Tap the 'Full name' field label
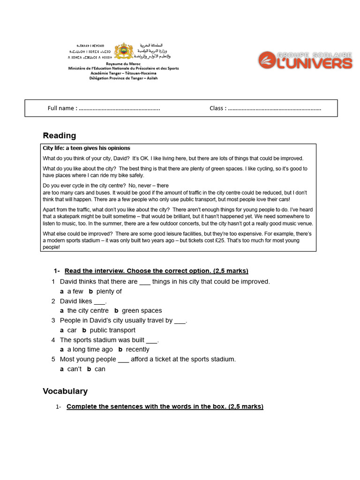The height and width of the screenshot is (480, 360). pyautogui.click(x=62, y=108)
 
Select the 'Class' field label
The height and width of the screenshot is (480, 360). pyautogui.click(x=217, y=108)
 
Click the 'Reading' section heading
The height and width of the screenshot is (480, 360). pyautogui.click(x=59, y=135)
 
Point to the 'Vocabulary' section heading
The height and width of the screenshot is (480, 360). pyautogui.click(x=65, y=391)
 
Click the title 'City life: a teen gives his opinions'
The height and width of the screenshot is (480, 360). pyautogui.click(x=87, y=148)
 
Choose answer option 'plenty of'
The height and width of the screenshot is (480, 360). pyautogui.click(x=109, y=291)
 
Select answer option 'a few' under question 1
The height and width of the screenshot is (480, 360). pyautogui.click(x=75, y=291)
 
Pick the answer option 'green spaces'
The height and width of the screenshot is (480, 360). pyautogui.click(x=142, y=310)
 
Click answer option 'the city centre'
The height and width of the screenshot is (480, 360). pyautogui.click(x=88, y=310)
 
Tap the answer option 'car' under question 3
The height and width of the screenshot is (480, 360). pyautogui.click(x=72, y=330)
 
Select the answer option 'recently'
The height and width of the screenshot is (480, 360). pyautogui.click(x=137, y=349)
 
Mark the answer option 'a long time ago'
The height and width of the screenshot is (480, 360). pyautogui.click(x=90, y=349)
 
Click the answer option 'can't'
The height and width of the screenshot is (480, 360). pyautogui.click(x=74, y=369)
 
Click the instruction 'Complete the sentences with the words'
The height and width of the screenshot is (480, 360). pyautogui.click(x=141, y=406)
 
